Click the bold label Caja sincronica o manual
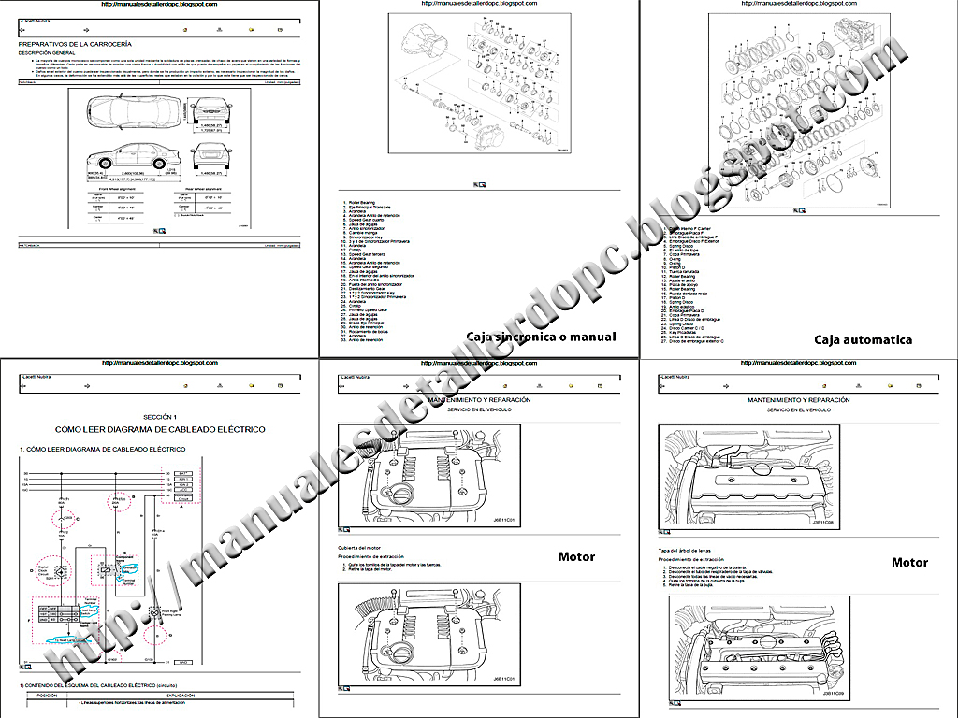[x=541, y=337]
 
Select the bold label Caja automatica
[x=863, y=340]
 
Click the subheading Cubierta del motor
[x=361, y=547]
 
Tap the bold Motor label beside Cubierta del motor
[x=576, y=557]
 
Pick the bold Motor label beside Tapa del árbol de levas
[x=909, y=562]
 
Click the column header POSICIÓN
[x=47, y=695]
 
